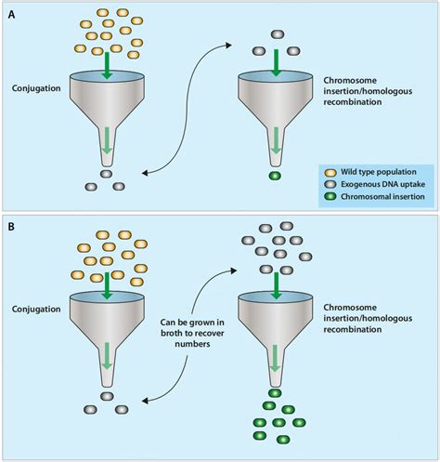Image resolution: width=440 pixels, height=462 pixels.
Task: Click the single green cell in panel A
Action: (x=274, y=176)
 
